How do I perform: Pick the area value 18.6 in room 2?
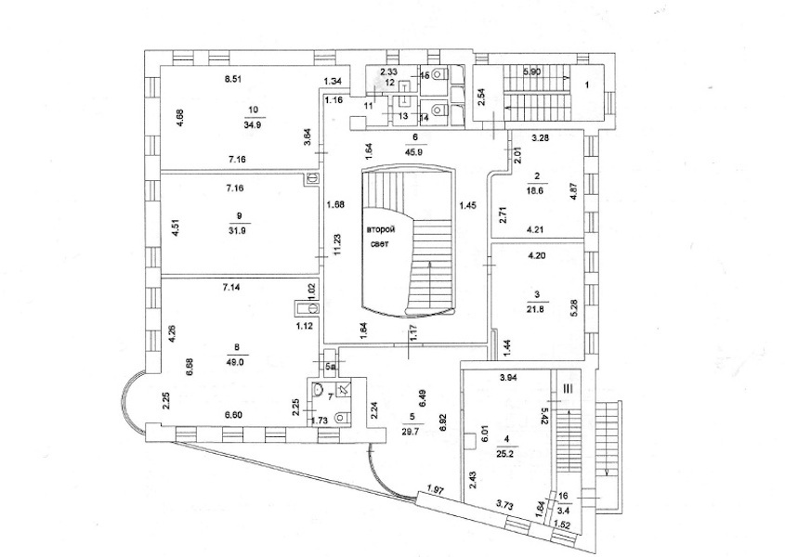coord(537,188)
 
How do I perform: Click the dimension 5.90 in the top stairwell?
coord(531,71)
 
